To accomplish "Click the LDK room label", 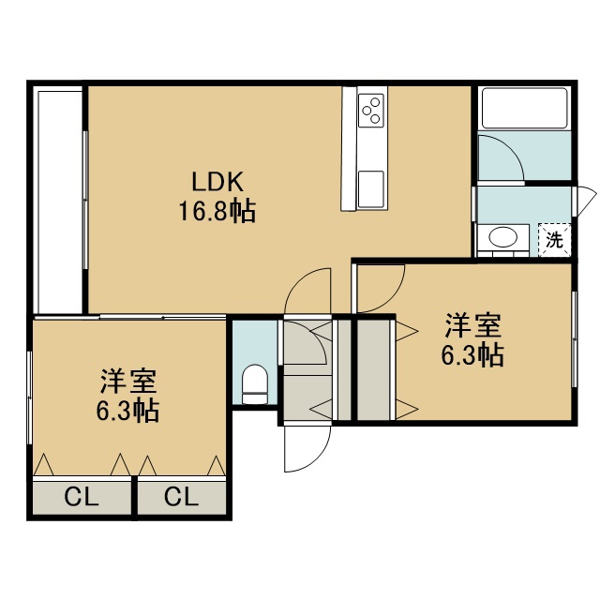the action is (217, 182).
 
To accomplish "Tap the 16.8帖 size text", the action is (217, 211).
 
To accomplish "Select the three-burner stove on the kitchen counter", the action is (371, 111).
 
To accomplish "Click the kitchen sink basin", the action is (371, 188).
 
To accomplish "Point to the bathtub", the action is (525, 109).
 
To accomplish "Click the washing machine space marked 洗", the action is (554, 240).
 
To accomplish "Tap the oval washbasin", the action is (502, 237).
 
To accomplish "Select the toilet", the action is (255, 383).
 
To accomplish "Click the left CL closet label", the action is (82, 498).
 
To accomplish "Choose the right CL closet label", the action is (181, 498).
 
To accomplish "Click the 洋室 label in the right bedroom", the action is (472, 326).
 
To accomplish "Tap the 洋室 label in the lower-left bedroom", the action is (128, 382).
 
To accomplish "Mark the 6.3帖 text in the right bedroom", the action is (472, 355).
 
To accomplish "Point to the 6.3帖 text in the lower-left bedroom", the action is (127, 411).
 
